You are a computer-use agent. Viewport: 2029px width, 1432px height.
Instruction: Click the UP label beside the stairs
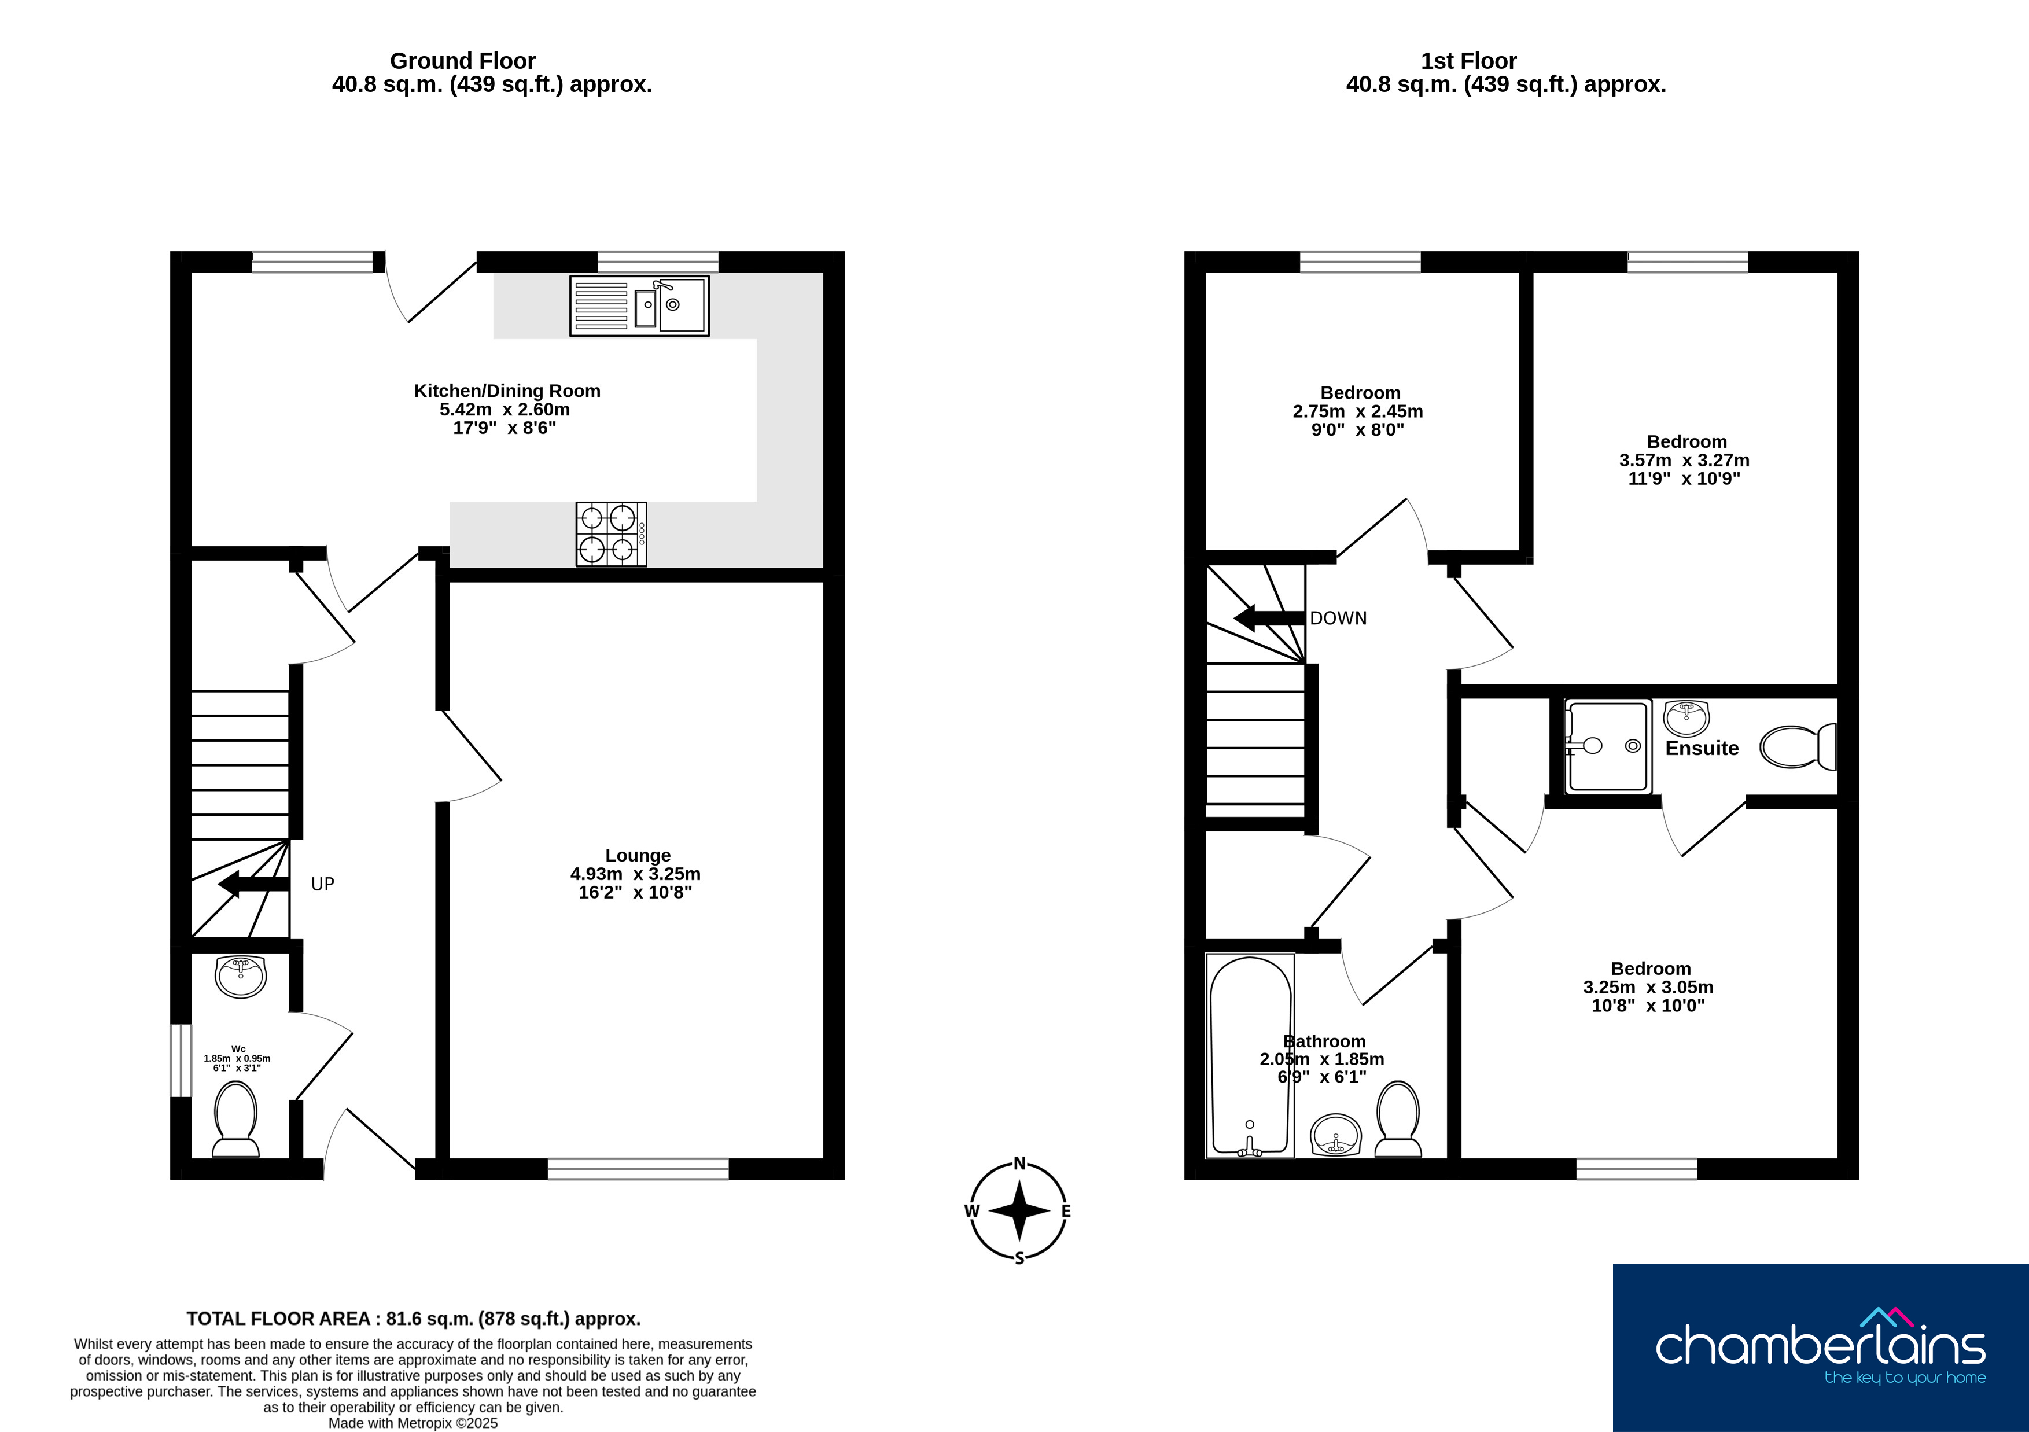coord(323,884)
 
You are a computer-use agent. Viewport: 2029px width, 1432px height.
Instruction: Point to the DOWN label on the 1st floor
coord(1338,619)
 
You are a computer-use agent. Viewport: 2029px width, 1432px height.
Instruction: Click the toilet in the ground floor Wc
coord(236,1119)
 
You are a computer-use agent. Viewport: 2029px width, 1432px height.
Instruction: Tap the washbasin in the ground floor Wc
coord(240,977)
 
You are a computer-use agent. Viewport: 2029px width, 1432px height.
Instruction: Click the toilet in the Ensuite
coord(1798,747)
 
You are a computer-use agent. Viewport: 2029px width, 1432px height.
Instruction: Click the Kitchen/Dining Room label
coord(507,391)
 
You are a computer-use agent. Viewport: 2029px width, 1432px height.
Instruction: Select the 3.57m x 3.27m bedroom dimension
coord(1684,461)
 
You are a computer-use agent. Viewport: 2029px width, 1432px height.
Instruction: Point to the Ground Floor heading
coord(462,61)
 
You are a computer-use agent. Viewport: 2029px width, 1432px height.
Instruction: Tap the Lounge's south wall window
coord(638,1169)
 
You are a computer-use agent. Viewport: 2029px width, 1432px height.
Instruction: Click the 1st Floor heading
coord(1469,61)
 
